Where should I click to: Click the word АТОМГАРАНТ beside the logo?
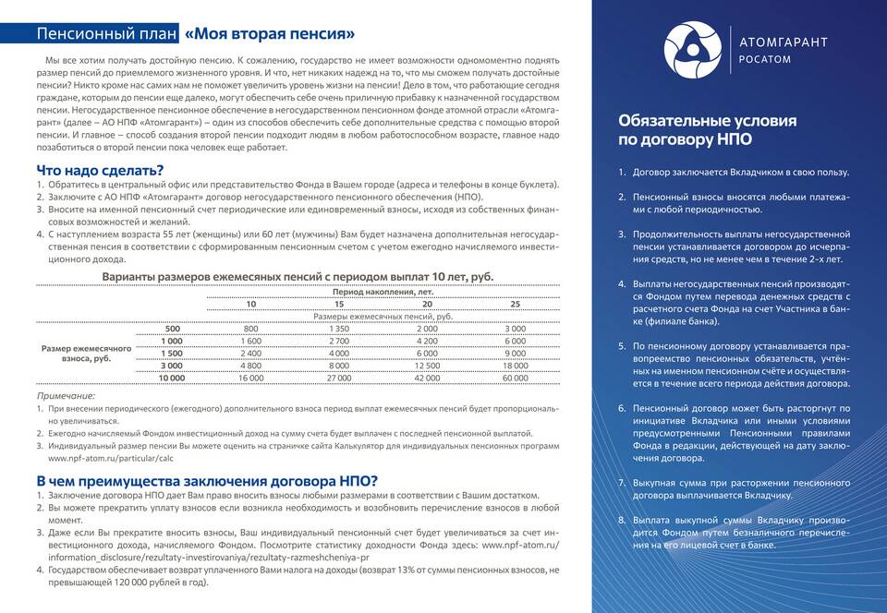click(784, 42)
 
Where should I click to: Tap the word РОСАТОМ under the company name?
click(766, 60)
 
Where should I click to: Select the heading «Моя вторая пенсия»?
click(270, 34)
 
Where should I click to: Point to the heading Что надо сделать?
click(100, 170)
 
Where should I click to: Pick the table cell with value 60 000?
click(515, 378)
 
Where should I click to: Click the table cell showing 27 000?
click(339, 378)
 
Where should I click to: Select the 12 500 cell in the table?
click(427, 366)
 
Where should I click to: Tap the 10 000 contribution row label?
click(172, 378)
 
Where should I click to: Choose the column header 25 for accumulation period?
click(515, 304)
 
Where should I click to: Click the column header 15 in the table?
click(339, 304)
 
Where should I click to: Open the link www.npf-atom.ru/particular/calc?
click(111, 458)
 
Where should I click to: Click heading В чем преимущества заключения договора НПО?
click(207, 481)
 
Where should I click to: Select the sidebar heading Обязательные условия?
click(707, 121)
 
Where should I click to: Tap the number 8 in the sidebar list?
click(622, 520)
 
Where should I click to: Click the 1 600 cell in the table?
click(251, 341)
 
